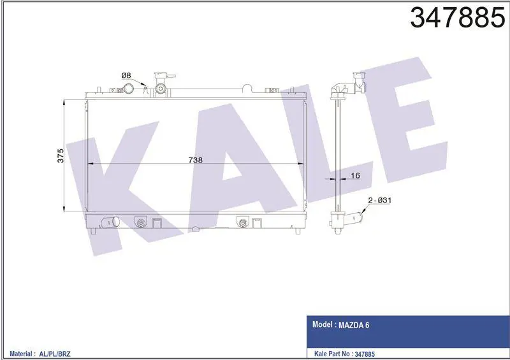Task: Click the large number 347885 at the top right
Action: (457, 18)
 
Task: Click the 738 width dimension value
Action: (196, 160)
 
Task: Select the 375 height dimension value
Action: (60, 155)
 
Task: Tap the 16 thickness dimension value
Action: (356, 176)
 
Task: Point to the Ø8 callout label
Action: (126, 75)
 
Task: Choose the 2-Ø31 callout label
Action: (379, 200)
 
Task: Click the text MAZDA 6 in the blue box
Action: (354, 325)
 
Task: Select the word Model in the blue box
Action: (323, 324)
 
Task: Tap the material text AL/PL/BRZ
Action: (55, 354)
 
